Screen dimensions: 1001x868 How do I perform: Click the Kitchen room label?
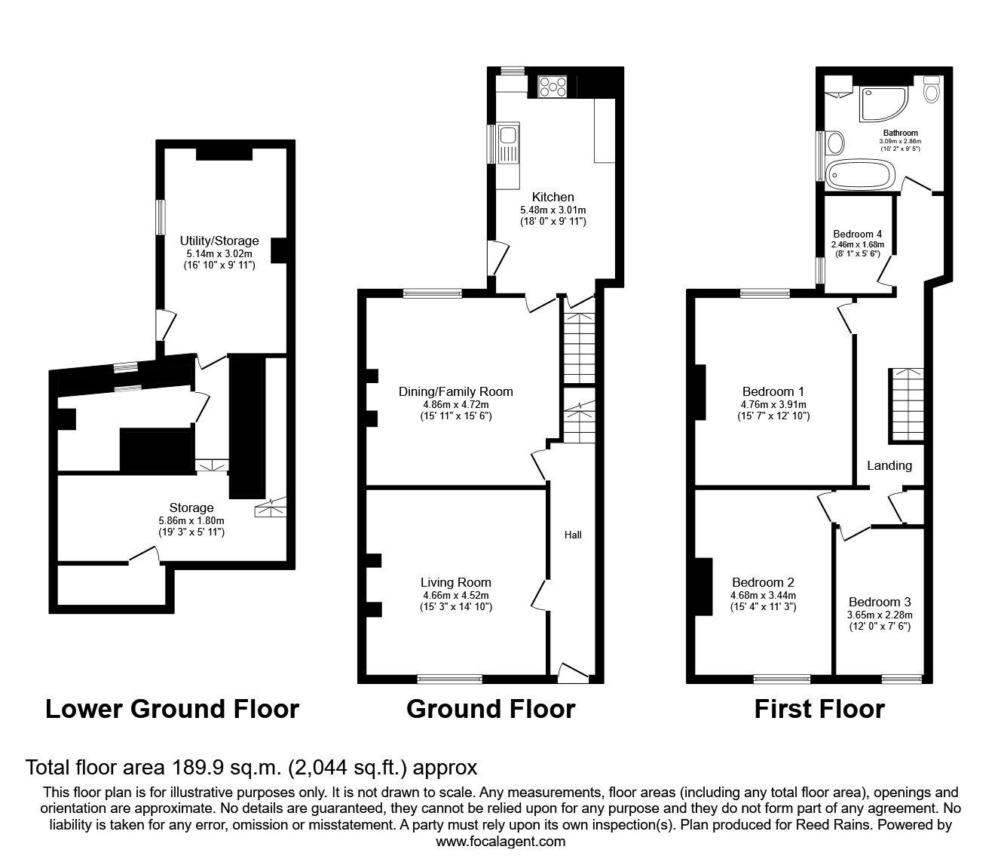tap(553, 197)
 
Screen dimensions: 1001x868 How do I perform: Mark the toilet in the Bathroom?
tap(931, 89)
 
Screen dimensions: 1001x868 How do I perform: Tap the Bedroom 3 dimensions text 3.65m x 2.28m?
tap(880, 615)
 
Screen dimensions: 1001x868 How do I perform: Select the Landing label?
tap(889, 466)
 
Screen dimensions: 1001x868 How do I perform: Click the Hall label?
tap(573, 535)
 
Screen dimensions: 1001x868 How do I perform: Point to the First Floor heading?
tap(819, 709)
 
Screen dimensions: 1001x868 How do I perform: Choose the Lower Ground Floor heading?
tap(173, 709)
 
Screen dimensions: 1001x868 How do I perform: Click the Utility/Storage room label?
tap(219, 241)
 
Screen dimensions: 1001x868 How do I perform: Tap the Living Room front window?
tap(450, 679)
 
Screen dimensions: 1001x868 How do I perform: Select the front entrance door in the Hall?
tap(574, 673)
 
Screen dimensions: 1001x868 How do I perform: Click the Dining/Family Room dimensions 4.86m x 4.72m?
tap(456, 404)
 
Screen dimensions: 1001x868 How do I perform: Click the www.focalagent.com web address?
tap(501, 842)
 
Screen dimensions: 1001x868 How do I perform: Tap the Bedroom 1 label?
tap(773, 391)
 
